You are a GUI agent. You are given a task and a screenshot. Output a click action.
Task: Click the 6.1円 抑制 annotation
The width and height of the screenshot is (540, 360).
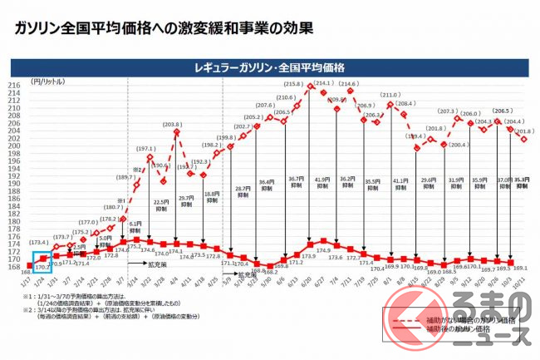[135, 227]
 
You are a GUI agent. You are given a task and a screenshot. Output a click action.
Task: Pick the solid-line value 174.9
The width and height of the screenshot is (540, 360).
[324, 249]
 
